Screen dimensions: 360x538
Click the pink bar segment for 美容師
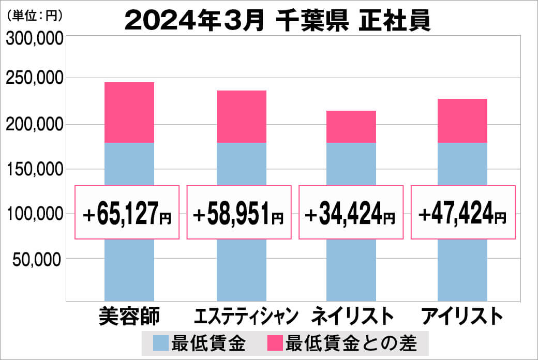[129, 112]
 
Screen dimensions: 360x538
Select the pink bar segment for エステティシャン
[241, 116]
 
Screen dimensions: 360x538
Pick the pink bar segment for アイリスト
[462, 121]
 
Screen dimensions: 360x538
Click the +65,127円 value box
[127, 213]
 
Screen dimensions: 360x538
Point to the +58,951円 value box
[239, 213]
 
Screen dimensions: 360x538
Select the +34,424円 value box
[351, 213]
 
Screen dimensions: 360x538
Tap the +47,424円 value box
[463, 213]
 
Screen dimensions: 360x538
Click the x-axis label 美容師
[129, 316]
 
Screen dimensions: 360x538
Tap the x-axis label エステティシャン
[247, 316]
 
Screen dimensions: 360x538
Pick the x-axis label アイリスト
[462, 316]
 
